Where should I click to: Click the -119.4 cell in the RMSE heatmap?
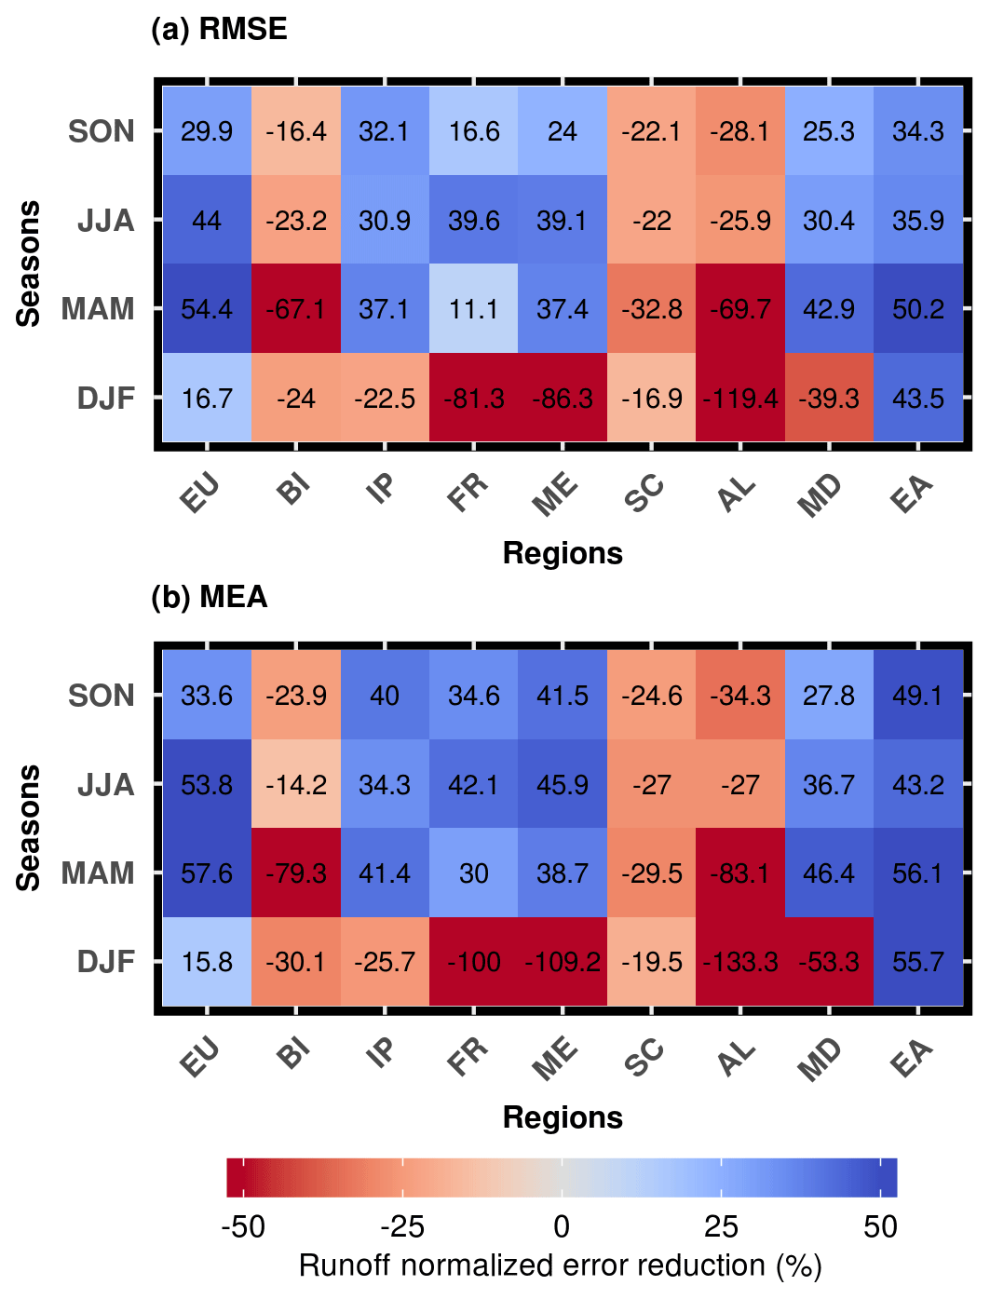(x=740, y=399)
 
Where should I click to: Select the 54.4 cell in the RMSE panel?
(x=207, y=309)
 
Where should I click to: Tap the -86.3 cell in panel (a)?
(x=563, y=399)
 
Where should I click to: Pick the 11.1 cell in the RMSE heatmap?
(x=474, y=309)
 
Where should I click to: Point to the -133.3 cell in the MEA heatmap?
(x=740, y=962)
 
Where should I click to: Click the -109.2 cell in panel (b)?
(x=563, y=962)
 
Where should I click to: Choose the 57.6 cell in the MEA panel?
(x=207, y=873)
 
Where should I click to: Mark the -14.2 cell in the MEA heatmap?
(x=296, y=785)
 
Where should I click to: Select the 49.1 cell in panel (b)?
(x=918, y=696)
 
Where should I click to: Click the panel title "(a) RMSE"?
(x=219, y=30)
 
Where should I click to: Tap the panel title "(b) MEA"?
(x=210, y=597)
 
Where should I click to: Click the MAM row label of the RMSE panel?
(x=98, y=309)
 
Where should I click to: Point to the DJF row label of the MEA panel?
(x=105, y=962)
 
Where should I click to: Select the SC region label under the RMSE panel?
(x=644, y=494)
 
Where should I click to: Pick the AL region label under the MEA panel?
(x=736, y=1058)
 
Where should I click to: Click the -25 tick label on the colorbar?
(x=402, y=1227)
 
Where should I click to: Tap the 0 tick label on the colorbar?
(x=562, y=1227)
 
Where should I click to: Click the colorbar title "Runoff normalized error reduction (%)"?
(x=561, y=1266)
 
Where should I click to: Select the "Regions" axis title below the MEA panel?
(x=563, y=1117)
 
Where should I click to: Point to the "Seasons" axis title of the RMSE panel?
(x=30, y=264)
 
